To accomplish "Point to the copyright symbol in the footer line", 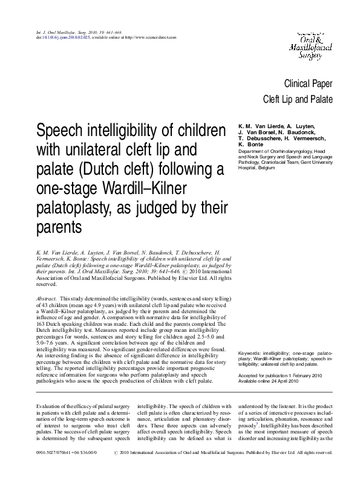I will [117, 469].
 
